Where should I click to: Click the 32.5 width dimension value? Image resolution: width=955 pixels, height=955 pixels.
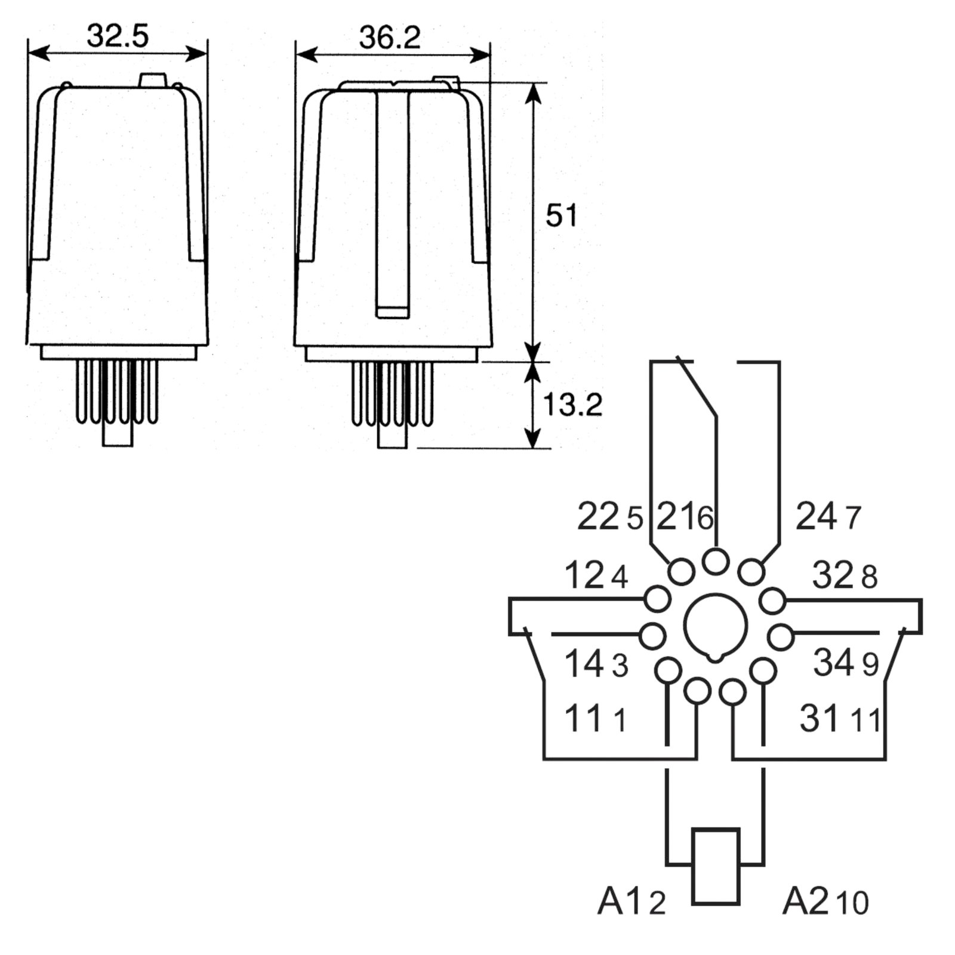pyautogui.click(x=118, y=36)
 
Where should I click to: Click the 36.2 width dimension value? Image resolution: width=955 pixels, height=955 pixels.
pyautogui.click(x=390, y=38)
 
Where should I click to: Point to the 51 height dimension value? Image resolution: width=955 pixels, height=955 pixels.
pyautogui.click(x=561, y=215)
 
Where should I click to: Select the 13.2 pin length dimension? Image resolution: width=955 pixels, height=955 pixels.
pyautogui.click(x=572, y=405)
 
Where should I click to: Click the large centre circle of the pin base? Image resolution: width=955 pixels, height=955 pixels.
pyautogui.click(x=715, y=626)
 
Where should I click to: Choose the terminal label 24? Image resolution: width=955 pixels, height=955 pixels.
pyautogui.click(x=816, y=516)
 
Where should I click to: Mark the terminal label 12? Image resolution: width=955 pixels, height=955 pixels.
pyautogui.click(x=585, y=576)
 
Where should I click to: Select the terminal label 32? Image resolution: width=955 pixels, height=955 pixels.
pyautogui.click(x=833, y=576)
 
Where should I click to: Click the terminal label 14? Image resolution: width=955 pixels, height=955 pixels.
pyautogui.click(x=584, y=664)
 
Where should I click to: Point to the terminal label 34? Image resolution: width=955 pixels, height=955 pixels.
pyautogui.click(x=833, y=663)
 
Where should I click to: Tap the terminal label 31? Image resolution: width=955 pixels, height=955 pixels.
pyautogui.click(x=819, y=718)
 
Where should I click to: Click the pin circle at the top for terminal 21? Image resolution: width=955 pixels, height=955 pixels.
pyautogui.click(x=715, y=561)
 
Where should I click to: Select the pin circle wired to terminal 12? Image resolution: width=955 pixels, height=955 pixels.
pyautogui.click(x=658, y=599)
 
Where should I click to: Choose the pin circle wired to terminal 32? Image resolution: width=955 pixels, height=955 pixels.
pyautogui.click(x=773, y=600)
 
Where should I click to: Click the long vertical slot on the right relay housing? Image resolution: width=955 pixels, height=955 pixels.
pyautogui.click(x=392, y=203)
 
